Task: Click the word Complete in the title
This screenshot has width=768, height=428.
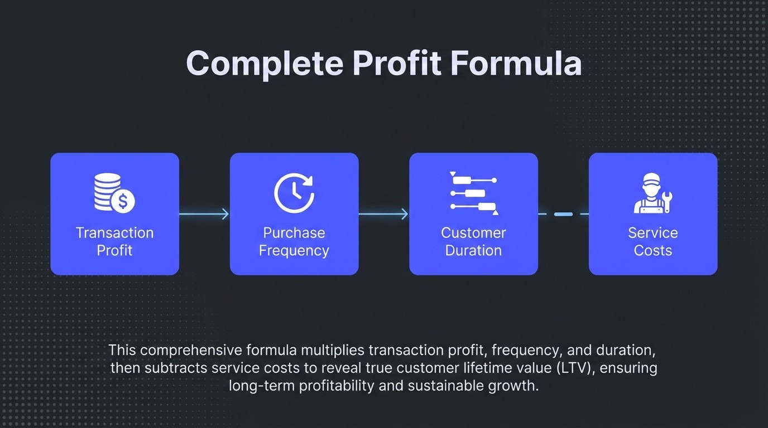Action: tap(264, 64)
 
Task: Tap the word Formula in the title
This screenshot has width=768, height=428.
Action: tap(516, 64)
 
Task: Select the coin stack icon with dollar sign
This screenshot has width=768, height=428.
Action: tap(114, 192)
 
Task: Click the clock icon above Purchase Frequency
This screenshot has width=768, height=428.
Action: tap(294, 193)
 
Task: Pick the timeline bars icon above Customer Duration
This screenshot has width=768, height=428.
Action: tap(474, 193)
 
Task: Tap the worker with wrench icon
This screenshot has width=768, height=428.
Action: tap(652, 193)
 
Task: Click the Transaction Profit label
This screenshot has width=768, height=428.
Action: tap(114, 241)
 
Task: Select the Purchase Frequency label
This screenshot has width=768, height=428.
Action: tap(294, 241)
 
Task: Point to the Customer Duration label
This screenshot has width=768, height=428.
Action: tap(473, 241)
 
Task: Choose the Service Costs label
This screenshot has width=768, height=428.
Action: tap(653, 241)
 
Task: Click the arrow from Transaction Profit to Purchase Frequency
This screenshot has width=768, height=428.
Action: tap(204, 214)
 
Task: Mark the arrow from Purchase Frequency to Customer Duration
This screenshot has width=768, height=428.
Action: tap(383, 214)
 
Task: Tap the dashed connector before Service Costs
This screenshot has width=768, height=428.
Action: tap(563, 214)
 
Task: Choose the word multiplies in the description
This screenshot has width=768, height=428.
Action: tap(333, 351)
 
